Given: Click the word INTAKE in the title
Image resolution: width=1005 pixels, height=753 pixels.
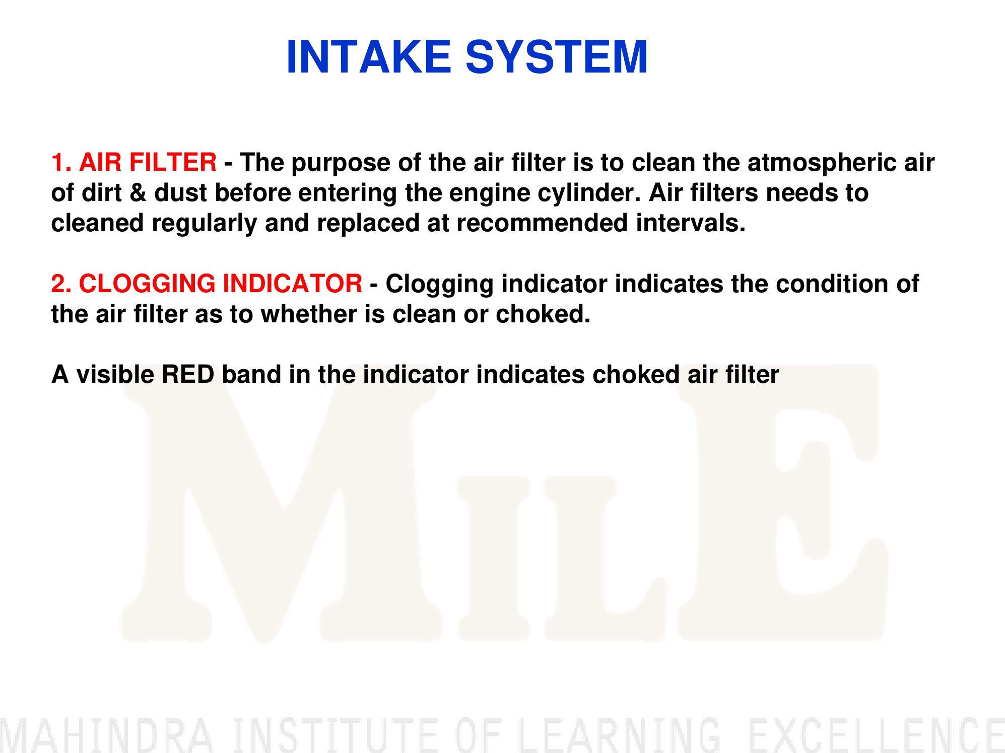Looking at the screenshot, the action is coord(368,57).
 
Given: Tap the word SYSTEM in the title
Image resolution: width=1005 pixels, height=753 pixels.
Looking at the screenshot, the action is coord(557,57).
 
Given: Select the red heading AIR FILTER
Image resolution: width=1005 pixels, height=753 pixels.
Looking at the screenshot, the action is coord(148,162).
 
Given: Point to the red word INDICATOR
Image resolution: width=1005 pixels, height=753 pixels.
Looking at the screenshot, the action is coord(292,284).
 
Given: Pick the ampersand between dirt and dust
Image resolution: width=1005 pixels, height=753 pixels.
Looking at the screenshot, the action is coord(138,193).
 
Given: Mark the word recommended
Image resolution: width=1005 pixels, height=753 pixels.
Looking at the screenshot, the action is coord(542,223).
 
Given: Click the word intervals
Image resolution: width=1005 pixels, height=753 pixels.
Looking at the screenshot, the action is coord(691,223).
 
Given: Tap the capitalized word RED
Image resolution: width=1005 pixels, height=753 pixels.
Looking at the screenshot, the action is coord(187,374).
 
